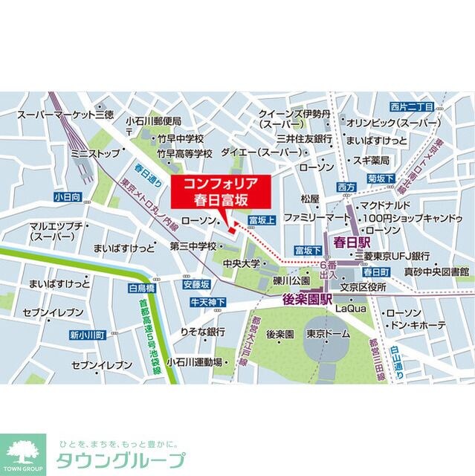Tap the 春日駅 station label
coord(352,242)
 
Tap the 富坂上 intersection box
coord(262,220)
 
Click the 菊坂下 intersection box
coord(381,178)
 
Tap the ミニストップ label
coord(94,155)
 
